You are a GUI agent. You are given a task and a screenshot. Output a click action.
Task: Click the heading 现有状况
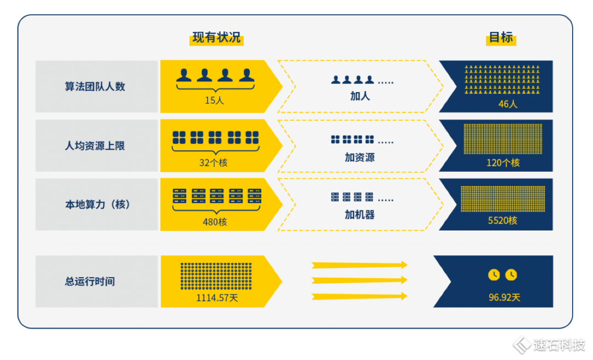click(217, 38)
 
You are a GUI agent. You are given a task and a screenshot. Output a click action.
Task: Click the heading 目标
click(501, 38)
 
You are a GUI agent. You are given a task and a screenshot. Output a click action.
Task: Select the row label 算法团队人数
click(95, 87)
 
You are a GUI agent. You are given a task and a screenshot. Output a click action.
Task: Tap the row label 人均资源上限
click(95, 146)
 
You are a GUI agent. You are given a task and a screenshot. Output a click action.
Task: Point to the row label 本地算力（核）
click(97, 205)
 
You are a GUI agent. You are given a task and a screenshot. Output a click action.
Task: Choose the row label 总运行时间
click(89, 282)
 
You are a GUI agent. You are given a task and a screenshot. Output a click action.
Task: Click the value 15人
click(215, 100)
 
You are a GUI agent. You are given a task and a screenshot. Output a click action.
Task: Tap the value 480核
click(215, 222)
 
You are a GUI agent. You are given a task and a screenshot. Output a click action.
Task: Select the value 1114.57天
click(217, 298)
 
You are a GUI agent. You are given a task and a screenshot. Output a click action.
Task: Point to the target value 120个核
click(503, 162)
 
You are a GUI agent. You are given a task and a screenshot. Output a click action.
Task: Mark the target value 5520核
click(503, 221)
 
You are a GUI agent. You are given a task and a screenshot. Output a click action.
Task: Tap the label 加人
click(360, 96)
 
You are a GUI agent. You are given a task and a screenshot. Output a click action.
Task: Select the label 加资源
click(360, 157)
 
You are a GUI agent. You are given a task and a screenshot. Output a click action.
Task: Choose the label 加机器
click(360, 215)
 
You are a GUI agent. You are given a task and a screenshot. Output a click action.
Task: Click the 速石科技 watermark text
click(559, 345)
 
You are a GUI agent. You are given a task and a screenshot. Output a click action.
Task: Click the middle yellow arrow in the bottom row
click(360, 280)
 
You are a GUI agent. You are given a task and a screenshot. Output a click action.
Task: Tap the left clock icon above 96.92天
click(494, 274)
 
